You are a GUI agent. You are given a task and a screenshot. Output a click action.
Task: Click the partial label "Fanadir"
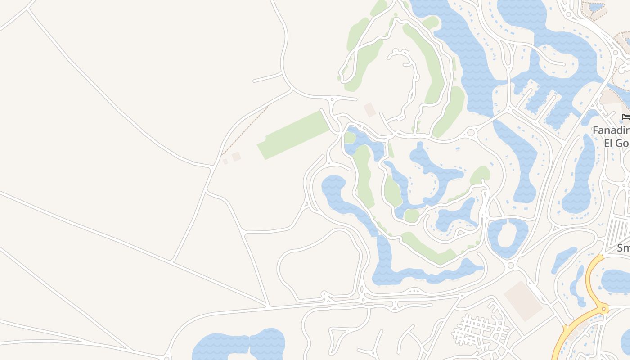click(x=611, y=130)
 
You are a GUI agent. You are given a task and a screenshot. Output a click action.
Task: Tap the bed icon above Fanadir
click(x=625, y=117)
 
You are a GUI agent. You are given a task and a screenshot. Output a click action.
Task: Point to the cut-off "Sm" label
click(x=623, y=248)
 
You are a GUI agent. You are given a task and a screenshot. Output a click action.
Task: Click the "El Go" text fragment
click(x=616, y=143)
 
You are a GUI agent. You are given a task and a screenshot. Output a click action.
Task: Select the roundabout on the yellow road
click(x=603, y=309)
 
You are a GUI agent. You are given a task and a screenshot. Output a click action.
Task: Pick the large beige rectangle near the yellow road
click(x=523, y=301)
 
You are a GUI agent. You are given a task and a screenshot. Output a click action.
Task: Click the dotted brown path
click(x=245, y=130)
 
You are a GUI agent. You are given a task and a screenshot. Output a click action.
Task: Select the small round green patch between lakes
click(x=411, y=216)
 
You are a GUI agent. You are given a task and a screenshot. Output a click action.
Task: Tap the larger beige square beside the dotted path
click(x=236, y=157)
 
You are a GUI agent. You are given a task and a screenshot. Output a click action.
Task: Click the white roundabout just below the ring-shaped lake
click(x=510, y=265)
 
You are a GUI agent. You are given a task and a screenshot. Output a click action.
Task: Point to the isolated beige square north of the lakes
click(x=369, y=110)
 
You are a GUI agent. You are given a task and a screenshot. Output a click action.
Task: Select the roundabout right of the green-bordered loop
click(x=471, y=133)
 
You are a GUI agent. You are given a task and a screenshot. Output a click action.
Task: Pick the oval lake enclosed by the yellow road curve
click(x=616, y=281)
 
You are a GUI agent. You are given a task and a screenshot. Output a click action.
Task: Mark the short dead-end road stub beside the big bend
click(x=268, y=78)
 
